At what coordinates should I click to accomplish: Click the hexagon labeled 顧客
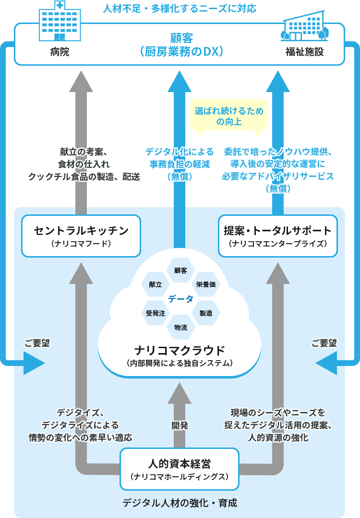click(x=180, y=271)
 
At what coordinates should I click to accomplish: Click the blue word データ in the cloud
click(x=180, y=299)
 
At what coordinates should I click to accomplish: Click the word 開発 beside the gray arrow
click(x=180, y=425)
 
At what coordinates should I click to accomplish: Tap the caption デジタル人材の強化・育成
click(x=180, y=503)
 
